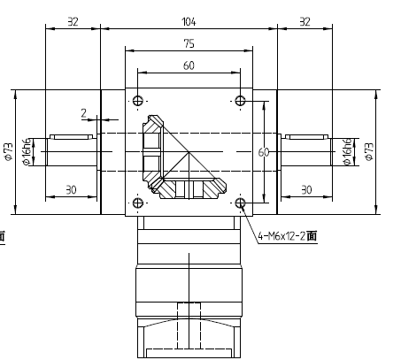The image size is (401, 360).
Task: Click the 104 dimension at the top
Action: [188, 20]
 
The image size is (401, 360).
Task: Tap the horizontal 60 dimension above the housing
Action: [188, 65]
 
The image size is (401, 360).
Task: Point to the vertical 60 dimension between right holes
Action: [262, 152]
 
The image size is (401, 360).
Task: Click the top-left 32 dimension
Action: [73, 20]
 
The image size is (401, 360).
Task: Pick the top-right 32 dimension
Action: [305, 20]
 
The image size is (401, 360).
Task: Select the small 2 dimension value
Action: [83, 113]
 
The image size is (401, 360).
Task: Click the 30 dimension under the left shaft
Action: [72, 189]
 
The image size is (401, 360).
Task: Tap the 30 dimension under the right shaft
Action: [306, 189]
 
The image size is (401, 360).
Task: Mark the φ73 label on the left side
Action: [8, 152]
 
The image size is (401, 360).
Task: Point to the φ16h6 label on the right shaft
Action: [348, 151]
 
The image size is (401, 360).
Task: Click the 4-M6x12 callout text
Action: [289, 237]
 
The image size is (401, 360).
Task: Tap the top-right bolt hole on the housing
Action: [240, 100]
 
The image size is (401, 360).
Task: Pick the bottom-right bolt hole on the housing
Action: [240, 203]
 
